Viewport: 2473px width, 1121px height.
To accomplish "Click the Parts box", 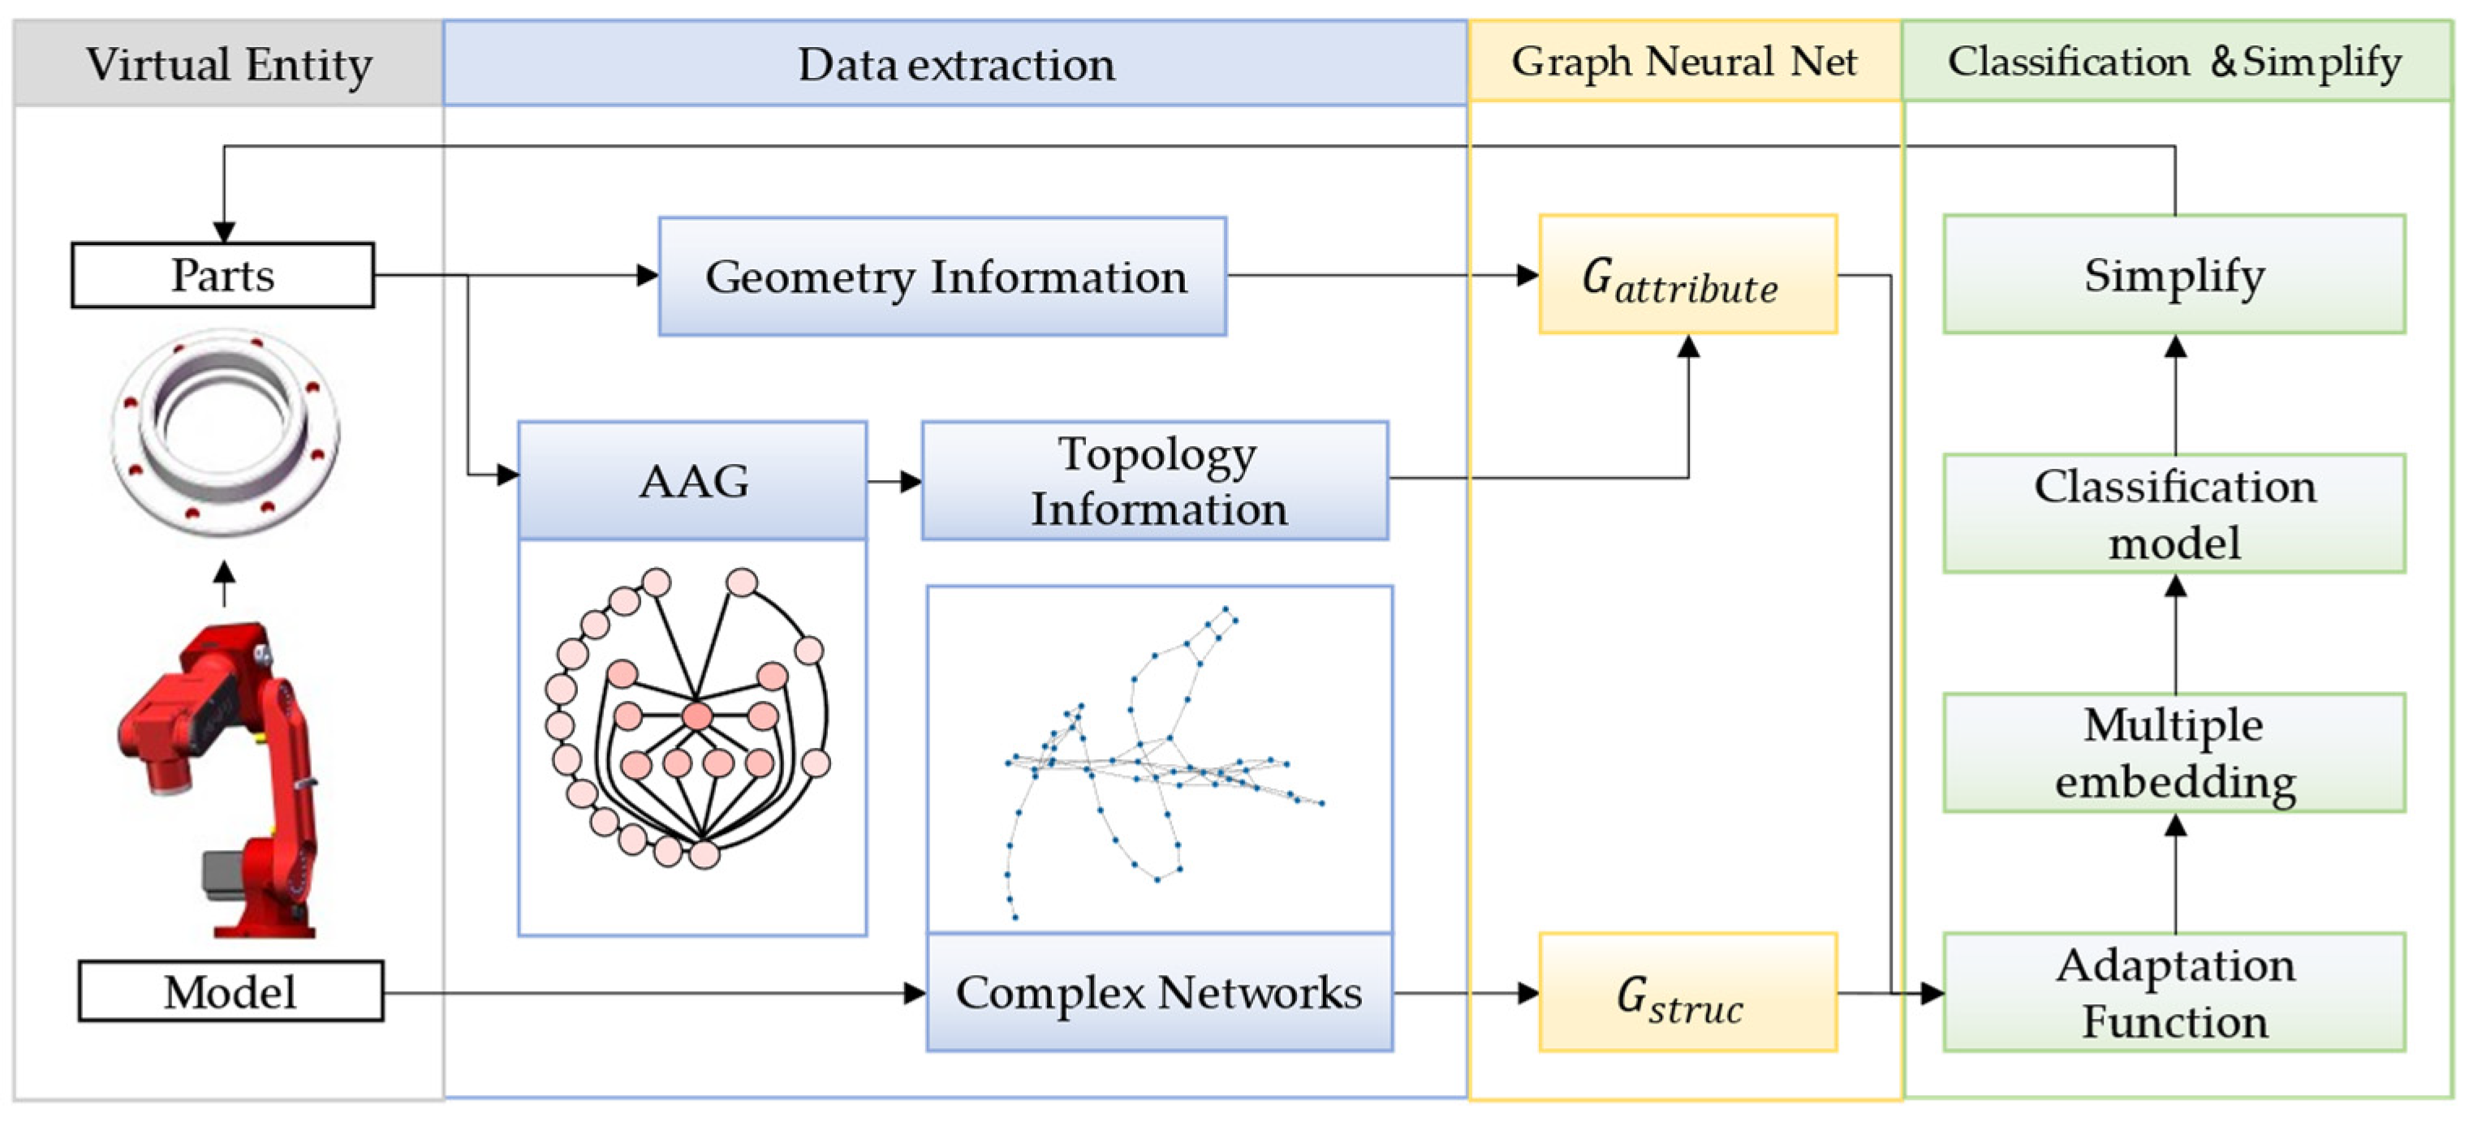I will [222, 276].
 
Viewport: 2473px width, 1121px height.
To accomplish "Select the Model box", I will [230, 991].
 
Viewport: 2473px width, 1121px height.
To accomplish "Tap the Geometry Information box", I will [943, 277].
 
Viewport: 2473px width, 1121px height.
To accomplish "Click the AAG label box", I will [692, 480].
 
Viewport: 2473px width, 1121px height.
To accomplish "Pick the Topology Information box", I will [1156, 480].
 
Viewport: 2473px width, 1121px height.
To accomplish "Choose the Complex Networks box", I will [1159, 992].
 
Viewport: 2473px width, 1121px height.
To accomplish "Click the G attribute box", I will [1687, 276].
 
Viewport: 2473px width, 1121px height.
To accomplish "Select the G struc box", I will [1687, 992].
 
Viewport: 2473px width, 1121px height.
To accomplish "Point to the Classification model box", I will [2174, 513].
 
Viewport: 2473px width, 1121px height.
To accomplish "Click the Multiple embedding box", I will [2174, 753].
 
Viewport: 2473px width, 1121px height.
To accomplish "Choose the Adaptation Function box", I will [2174, 992].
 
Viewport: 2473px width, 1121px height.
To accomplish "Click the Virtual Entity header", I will [229, 63].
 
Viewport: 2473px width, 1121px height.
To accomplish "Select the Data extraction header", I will [955, 63].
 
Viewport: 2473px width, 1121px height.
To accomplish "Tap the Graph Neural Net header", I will [1685, 62].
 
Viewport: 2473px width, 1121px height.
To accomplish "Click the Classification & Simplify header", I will [2175, 62].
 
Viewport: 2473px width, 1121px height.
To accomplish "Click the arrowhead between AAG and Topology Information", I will [911, 481].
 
